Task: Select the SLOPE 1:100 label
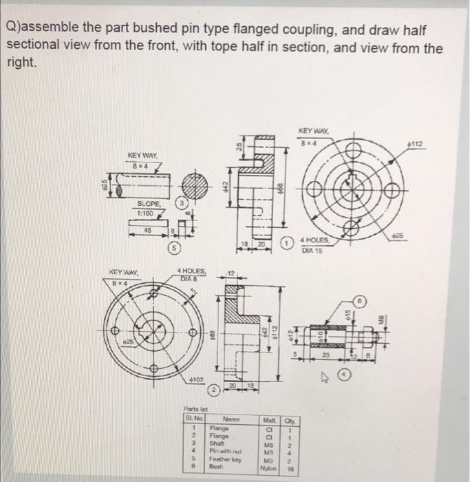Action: pyautogui.click(x=149, y=208)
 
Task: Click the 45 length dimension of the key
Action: pyautogui.click(x=146, y=231)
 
